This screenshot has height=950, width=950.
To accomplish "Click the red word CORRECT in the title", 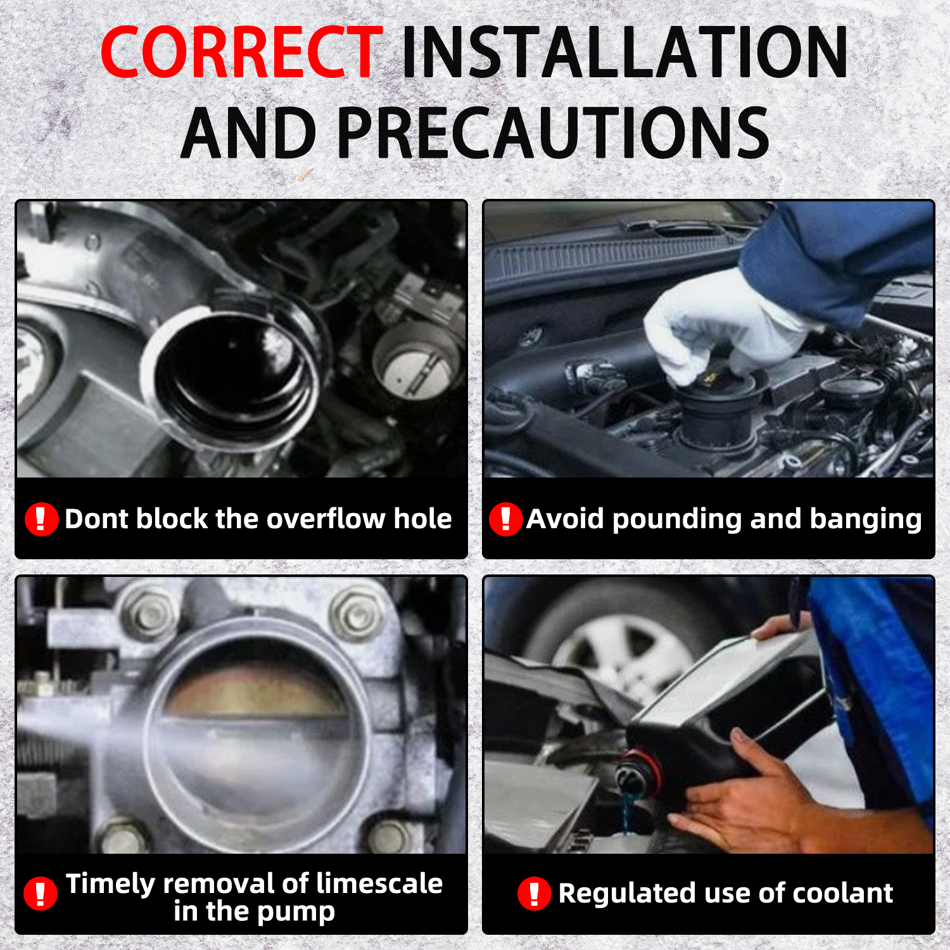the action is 241,52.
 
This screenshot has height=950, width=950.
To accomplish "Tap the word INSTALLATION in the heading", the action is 625,52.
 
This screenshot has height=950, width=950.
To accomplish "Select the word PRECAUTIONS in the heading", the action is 553,132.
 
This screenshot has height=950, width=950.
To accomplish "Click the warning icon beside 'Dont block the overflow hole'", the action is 42,519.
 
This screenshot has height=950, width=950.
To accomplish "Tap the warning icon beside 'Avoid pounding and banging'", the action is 505,519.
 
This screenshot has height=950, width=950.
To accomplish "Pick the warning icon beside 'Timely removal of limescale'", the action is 41,894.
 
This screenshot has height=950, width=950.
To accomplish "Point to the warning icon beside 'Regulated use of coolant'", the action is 535,894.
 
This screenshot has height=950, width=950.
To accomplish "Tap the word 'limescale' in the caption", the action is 379,883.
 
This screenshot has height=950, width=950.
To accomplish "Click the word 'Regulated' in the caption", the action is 627,894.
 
